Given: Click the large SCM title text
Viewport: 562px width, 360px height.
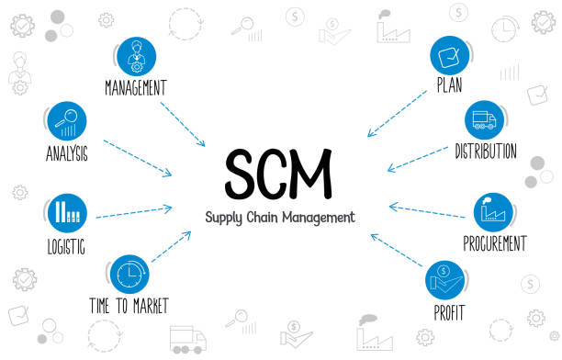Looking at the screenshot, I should [279, 173].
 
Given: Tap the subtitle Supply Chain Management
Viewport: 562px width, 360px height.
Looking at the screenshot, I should [279, 219].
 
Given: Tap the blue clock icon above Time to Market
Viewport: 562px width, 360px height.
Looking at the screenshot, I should [129, 274].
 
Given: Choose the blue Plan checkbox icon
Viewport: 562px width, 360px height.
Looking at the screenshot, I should [450, 56].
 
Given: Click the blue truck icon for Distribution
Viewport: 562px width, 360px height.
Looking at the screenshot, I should [485, 120].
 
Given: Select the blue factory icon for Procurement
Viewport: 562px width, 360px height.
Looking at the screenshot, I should [493, 212].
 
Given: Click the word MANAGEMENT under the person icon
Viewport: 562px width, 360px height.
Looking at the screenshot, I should [136, 88].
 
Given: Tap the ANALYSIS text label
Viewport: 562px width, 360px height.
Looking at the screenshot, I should [66, 153].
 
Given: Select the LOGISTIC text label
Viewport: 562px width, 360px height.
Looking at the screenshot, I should [66, 246].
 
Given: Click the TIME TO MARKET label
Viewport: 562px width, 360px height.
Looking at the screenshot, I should [129, 305].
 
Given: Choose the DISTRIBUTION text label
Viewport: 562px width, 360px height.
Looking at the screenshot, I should [485, 152].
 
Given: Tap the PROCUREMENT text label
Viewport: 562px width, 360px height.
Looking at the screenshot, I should [494, 244].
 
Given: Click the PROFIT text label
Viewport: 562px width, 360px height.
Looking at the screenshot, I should [448, 312].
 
